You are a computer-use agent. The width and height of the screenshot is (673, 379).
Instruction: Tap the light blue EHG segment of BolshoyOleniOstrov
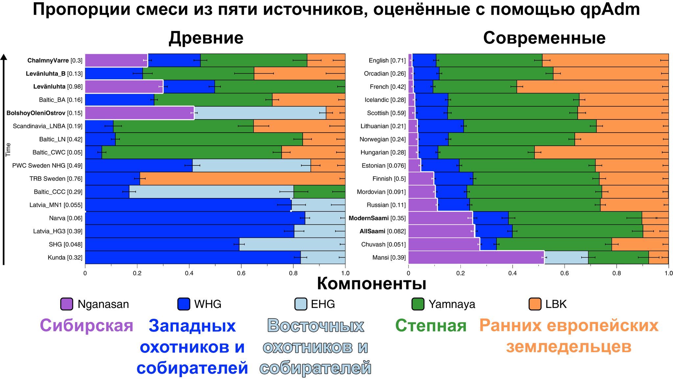coord(260,113)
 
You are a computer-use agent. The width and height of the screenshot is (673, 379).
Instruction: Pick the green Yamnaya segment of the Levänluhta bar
coord(279,87)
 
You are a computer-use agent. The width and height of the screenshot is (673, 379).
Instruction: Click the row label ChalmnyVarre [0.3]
coord(55,61)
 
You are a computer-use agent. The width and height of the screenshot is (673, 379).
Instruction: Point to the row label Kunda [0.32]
coord(65,258)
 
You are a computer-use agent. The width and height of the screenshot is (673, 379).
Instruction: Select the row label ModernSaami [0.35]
coord(377,218)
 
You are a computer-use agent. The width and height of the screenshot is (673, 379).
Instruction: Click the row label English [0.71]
coord(387,61)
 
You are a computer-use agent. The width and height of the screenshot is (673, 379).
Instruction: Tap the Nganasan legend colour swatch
coord(66,304)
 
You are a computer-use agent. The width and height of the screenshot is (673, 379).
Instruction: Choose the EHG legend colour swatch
coord(301,304)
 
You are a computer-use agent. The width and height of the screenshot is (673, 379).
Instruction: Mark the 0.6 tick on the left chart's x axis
coord(241,272)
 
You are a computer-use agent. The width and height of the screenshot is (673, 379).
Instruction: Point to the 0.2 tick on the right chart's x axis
coord(460,272)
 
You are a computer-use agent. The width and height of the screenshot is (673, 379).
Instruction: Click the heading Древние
coord(206,38)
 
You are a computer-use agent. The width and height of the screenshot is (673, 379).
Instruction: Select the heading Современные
coord(544,38)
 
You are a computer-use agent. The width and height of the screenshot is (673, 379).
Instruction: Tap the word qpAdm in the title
coord(610,10)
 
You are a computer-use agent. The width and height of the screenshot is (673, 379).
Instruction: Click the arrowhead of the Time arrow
coord(3,57)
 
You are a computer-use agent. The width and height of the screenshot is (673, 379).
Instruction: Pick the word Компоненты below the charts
coord(371,284)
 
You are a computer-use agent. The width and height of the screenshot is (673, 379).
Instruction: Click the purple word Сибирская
coord(86,326)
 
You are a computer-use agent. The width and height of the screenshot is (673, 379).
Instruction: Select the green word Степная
coord(430,326)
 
